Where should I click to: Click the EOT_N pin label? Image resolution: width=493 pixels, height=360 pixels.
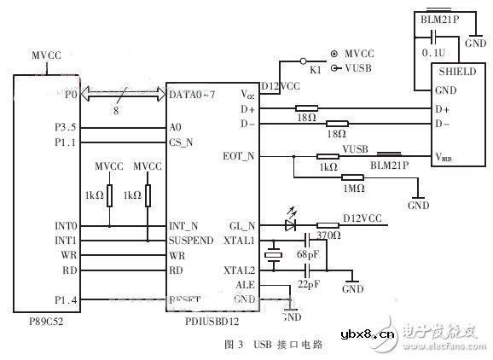(242, 157)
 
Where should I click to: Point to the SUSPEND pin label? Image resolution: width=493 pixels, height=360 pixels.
(191, 241)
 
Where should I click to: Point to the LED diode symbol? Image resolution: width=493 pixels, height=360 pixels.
(292, 226)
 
